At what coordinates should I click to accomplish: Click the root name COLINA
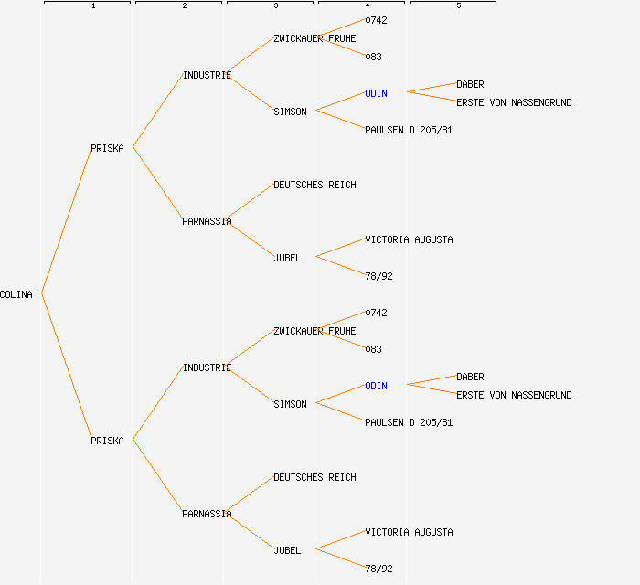click(x=16, y=294)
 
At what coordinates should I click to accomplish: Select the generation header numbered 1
click(x=93, y=6)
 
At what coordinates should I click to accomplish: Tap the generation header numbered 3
click(x=276, y=6)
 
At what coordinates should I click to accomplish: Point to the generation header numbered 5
click(x=459, y=6)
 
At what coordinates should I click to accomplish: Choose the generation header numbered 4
click(x=368, y=6)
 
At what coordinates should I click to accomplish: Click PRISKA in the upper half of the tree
click(x=107, y=148)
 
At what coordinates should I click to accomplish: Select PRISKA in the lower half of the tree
click(x=107, y=441)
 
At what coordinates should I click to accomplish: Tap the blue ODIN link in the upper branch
click(x=376, y=93)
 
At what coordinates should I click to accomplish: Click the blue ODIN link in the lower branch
click(x=376, y=386)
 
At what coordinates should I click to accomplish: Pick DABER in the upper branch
click(x=470, y=84)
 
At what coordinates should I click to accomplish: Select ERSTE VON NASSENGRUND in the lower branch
click(x=514, y=395)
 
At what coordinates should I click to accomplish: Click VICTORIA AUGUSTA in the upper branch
click(x=409, y=239)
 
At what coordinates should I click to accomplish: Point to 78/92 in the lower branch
click(x=379, y=569)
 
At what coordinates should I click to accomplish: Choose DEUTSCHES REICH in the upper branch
click(x=315, y=185)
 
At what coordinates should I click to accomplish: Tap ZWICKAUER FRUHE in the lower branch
click(x=315, y=331)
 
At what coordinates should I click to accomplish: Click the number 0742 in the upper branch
click(x=376, y=20)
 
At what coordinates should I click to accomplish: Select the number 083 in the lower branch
click(x=373, y=349)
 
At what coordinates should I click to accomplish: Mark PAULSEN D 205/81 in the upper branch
click(x=409, y=130)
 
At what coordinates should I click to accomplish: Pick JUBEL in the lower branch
click(x=287, y=550)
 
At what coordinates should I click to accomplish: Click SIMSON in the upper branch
click(x=290, y=112)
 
